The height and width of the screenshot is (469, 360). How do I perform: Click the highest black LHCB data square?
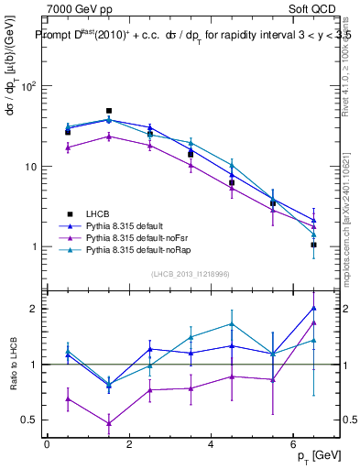point(109,111)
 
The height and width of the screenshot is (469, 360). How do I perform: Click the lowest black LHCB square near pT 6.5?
point(313,245)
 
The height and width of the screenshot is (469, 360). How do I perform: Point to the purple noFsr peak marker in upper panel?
point(109,136)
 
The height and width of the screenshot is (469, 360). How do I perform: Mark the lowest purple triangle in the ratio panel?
point(109,423)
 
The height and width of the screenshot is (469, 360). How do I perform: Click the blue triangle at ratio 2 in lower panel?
point(313,308)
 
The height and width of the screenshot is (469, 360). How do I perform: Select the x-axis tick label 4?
point(212,445)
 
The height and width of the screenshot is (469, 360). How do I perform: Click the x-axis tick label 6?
point(293,445)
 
